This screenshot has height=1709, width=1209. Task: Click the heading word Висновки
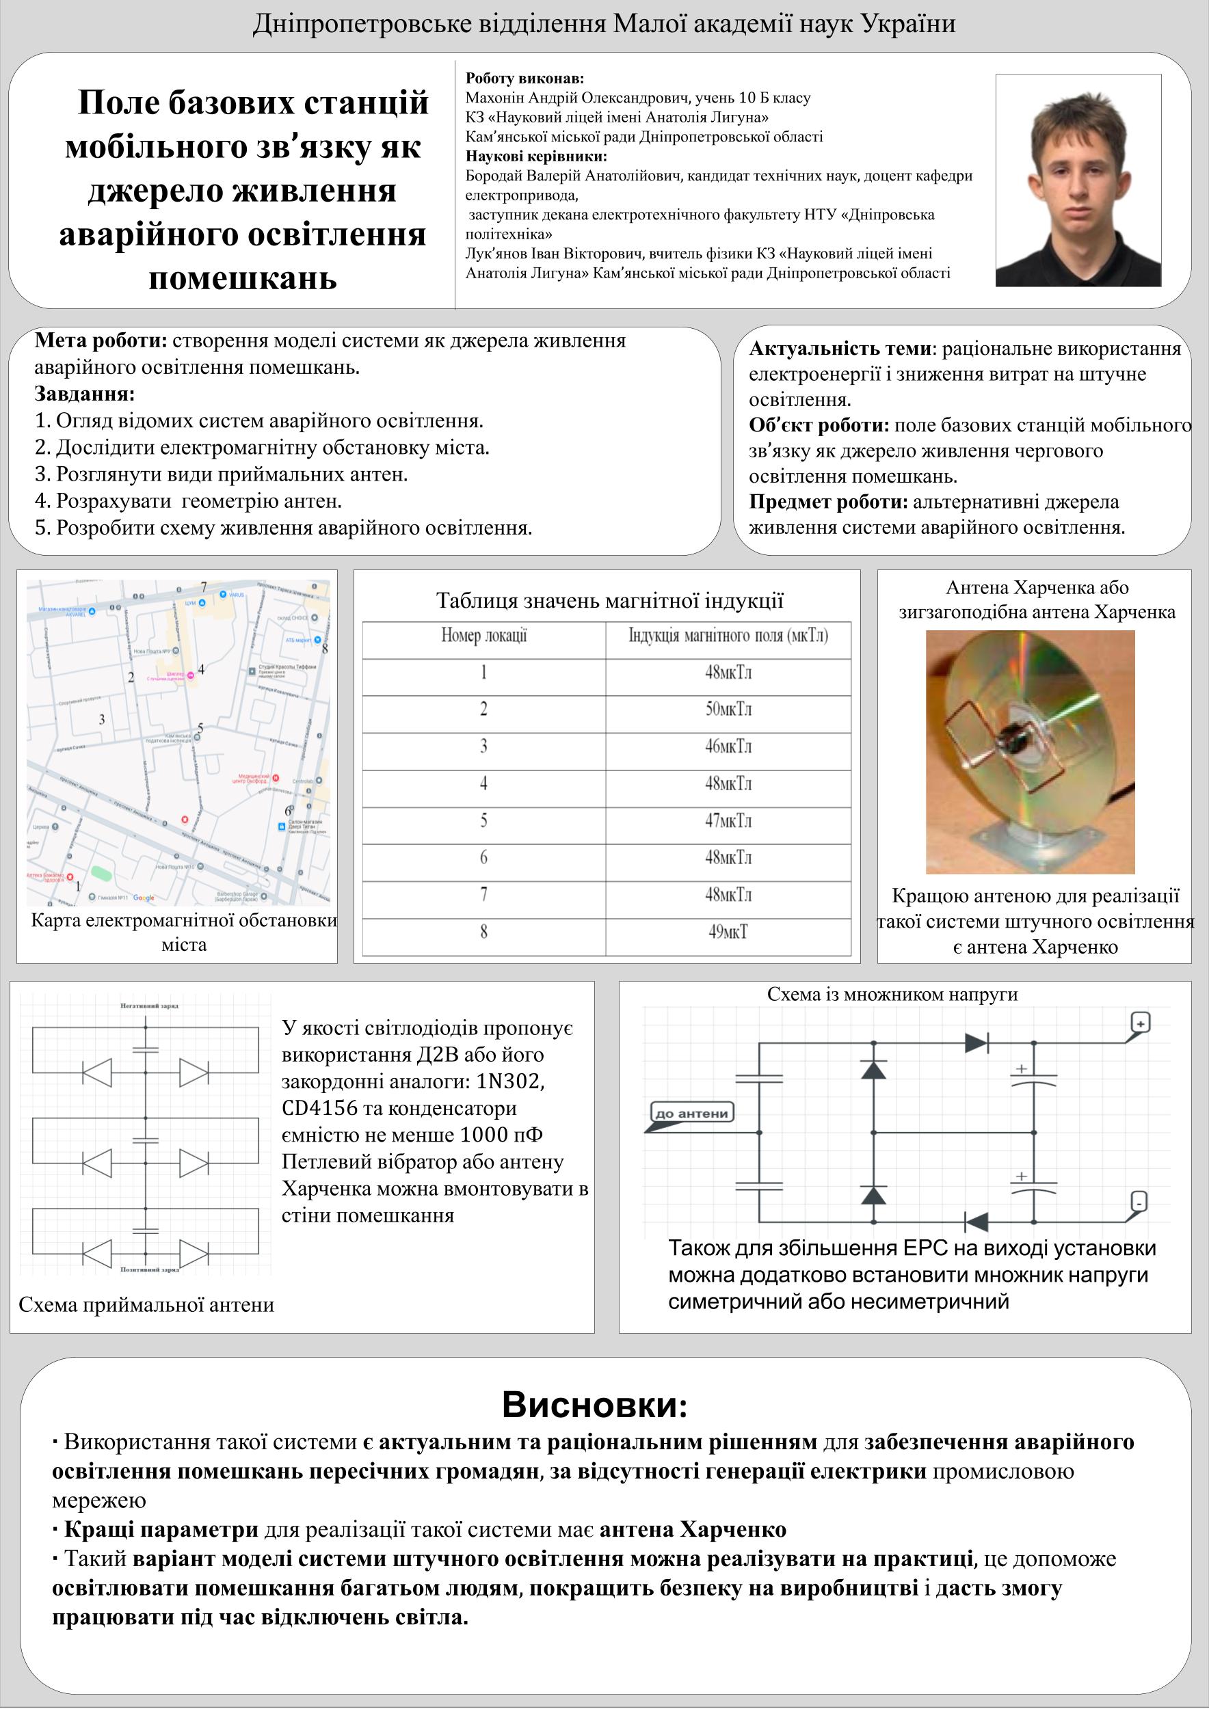coord(594,1405)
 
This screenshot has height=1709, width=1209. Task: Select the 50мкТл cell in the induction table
coord(728,709)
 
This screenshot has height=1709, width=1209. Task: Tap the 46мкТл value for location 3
coord(728,746)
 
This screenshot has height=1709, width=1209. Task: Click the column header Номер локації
coord(484,636)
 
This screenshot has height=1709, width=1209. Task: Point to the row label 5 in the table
coord(484,820)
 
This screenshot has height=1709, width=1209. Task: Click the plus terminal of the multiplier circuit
coord(1140,1022)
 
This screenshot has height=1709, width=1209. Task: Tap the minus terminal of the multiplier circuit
coord(1139,1202)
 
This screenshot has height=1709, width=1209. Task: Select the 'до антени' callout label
coord(691,1114)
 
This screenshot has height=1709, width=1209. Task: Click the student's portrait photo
coord(1078,180)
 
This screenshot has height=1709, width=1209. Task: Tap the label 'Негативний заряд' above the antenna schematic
coord(150,1006)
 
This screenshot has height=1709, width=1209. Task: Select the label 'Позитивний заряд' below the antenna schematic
coord(150,1270)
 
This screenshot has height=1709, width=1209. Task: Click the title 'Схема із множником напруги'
coord(892,994)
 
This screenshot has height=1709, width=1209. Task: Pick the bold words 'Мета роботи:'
coord(101,341)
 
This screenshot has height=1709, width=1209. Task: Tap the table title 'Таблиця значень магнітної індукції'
coord(609,601)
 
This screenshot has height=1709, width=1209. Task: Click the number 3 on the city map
coord(102,719)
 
